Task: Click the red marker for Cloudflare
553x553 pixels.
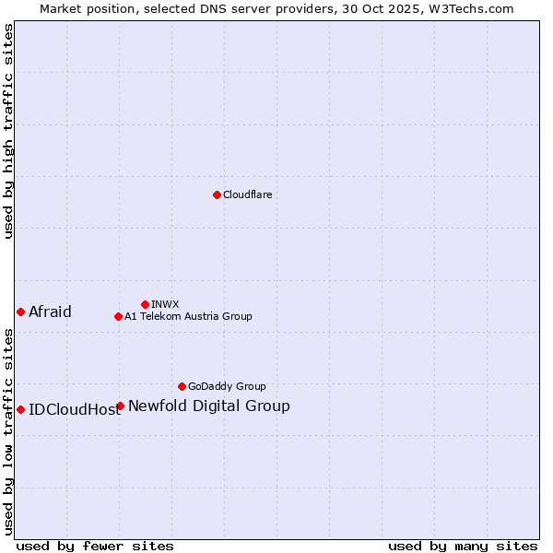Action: pos(217,194)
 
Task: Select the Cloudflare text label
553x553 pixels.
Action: pos(247,194)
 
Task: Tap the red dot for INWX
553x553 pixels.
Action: pos(145,304)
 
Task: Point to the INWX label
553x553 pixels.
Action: pos(165,304)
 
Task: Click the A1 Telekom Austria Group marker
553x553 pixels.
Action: pos(118,316)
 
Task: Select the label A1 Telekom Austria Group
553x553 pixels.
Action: pos(188,316)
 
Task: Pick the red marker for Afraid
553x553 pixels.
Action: pos(20,312)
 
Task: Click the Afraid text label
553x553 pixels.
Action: pos(50,312)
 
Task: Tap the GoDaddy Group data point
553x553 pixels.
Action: pos(182,386)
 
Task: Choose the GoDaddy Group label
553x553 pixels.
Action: pos(227,386)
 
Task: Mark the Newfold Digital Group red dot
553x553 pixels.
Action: pos(120,406)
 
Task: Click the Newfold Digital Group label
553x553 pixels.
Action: pos(209,406)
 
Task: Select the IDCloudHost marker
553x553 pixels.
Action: pos(20,409)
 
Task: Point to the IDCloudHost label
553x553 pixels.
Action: pos(75,410)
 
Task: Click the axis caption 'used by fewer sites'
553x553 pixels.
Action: pos(95,546)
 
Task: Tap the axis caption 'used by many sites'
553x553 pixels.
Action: pos(463,546)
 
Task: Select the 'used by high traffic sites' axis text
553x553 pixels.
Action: pos(8,131)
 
